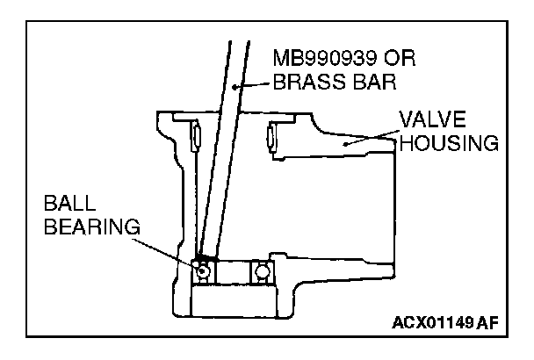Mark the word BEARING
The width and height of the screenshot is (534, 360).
click(x=91, y=227)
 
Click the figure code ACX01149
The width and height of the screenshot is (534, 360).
click(x=429, y=323)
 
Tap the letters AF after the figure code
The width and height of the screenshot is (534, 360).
click(x=489, y=323)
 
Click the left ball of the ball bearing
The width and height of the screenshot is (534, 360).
click(x=203, y=270)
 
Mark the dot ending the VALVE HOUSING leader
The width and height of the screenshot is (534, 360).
click(x=347, y=141)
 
